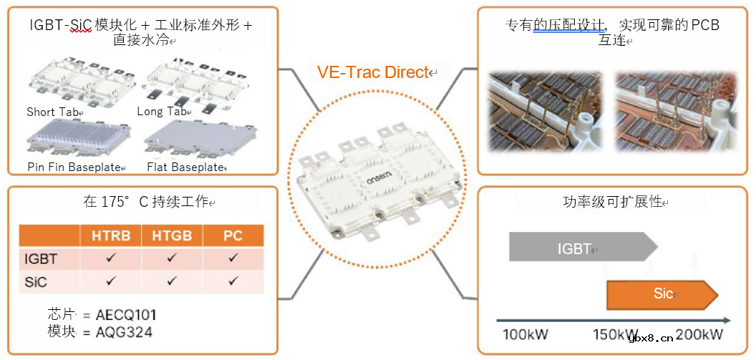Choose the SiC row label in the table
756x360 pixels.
(36, 282)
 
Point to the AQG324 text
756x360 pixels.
(124, 332)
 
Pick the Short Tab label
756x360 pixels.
(54, 112)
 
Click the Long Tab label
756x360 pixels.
(161, 112)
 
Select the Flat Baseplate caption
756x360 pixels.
(185, 167)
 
